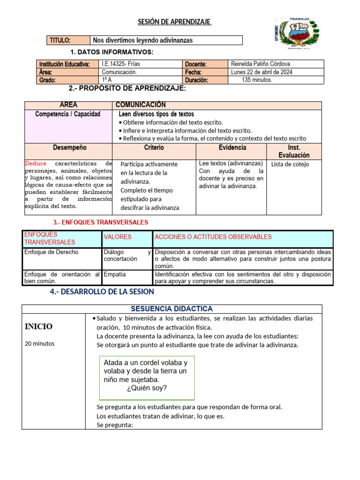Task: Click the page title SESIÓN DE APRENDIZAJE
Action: tap(174, 22)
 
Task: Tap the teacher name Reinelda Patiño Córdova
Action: tap(261, 64)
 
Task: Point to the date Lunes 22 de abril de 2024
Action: tap(262, 72)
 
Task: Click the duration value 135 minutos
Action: tap(257, 80)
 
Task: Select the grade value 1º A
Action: tap(107, 80)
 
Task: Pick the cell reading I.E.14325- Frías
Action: tap(121, 64)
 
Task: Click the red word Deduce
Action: tap(36, 164)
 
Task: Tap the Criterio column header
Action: tap(154, 148)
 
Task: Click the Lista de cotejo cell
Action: tap(290, 165)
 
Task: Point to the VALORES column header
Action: tap(118, 237)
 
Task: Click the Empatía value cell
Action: tap(115, 274)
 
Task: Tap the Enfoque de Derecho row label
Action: tap(51, 252)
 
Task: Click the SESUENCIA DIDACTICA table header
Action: tap(172, 309)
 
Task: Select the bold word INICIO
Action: tap(38, 327)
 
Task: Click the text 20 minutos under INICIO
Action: tap(39, 344)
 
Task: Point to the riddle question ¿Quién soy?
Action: tap(147, 388)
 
